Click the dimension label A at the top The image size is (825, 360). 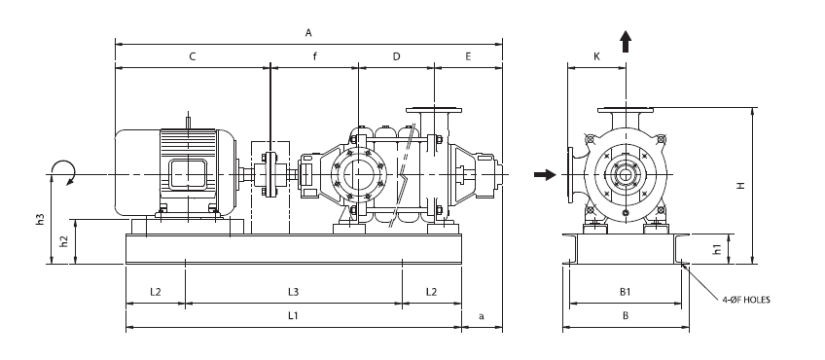tap(308, 33)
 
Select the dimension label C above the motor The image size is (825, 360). tap(193, 56)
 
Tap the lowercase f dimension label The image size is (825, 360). tap(315, 56)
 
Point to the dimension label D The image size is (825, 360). tap(397, 56)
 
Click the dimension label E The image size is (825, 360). tap(468, 56)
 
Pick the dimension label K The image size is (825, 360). tap(596, 56)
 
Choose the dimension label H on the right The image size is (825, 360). tap(741, 185)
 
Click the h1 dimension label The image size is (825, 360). tap(717, 249)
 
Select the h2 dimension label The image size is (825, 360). tap(64, 241)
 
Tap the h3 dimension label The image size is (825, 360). tap(40, 220)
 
